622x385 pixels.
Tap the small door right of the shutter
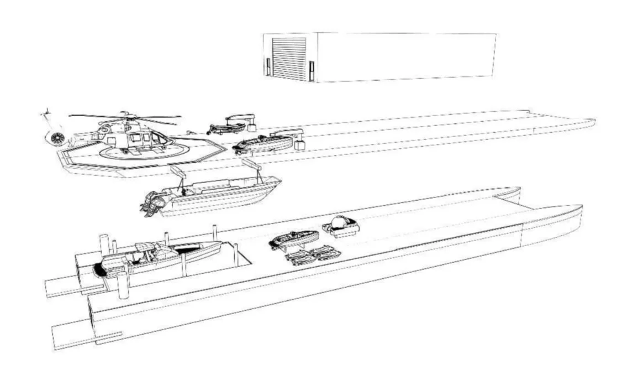312,71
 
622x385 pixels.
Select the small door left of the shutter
267,66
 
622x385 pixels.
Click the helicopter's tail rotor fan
55,138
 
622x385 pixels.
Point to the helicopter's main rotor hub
126,117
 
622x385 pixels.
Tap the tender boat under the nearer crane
262,145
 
